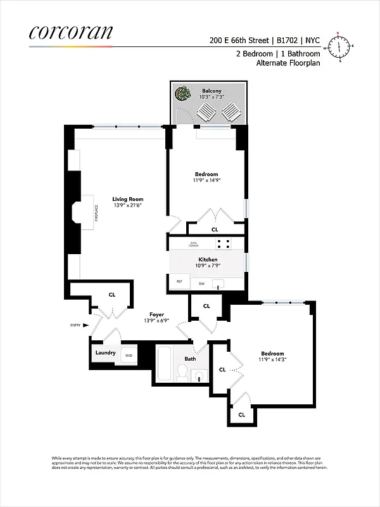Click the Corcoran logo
(x=71, y=32)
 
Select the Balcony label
(x=211, y=91)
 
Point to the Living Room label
(x=128, y=199)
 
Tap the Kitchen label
(x=208, y=260)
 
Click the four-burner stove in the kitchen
(x=222, y=243)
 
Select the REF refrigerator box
(x=179, y=281)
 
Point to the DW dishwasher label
(x=201, y=283)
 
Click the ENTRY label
(x=76, y=325)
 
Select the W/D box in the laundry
(x=129, y=355)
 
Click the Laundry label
(x=106, y=353)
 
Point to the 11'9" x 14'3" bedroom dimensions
(x=273, y=360)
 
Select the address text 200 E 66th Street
(x=240, y=39)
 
